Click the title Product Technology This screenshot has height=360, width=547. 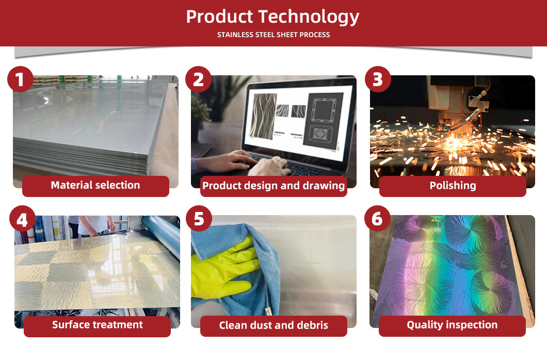[x=272, y=17]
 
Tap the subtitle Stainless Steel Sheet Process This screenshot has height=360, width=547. [x=273, y=35]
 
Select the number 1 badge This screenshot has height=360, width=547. [x=20, y=79]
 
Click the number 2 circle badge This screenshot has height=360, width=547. [x=199, y=79]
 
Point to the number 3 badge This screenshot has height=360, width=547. [x=378, y=79]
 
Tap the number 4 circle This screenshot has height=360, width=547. [x=22, y=219]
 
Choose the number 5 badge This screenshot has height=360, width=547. [x=199, y=219]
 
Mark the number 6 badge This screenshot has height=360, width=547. [x=377, y=219]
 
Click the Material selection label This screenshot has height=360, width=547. [x=95, y=186]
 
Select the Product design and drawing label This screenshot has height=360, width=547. [x=273, y=186]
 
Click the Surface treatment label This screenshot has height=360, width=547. [x=98, y=325]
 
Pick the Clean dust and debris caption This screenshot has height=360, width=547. [x=273, y=326]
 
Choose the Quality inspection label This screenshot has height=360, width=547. [x=452, y=325]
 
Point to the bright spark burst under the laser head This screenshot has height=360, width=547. [x=454, y=142]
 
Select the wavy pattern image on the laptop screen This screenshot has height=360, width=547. [x=263, y=116]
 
